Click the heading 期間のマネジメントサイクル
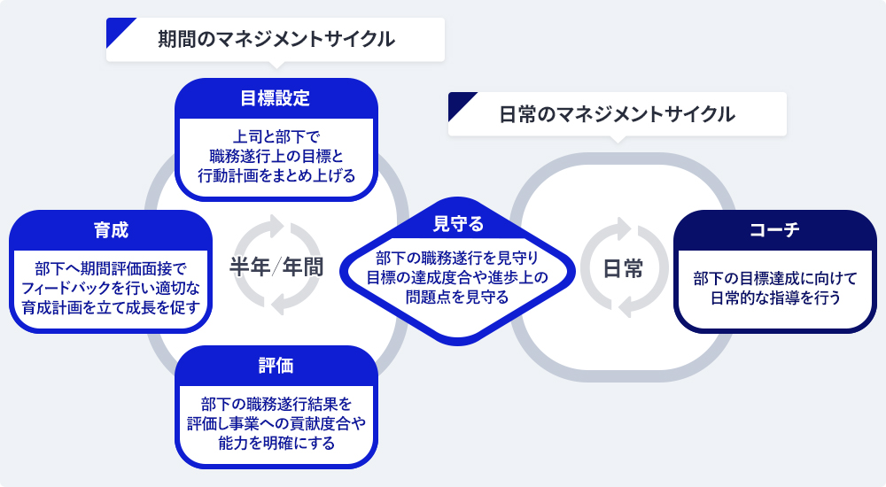(276, 39)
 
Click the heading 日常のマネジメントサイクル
(617, 114)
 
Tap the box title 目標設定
(276, 97)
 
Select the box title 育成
(111, 230)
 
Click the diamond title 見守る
(458, 224)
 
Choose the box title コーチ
(774, 230)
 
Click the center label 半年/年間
(276, 267)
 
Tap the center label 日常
(623, 268)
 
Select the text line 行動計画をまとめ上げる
(276, 175)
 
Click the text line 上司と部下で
(276, 137)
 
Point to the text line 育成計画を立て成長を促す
(111, 307)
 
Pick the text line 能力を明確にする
(276, 443)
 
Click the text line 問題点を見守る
(457, 297)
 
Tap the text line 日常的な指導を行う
(775, 298)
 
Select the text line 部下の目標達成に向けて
(775, 278)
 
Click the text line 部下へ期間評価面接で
(111, 268)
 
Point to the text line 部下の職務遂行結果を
(276, 404)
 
